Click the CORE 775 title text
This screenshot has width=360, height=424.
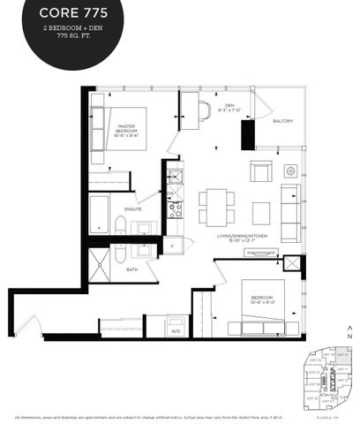pyautogui.click(x=62, y=13)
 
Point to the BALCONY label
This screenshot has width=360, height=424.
pyautogui.click(x=283, y=121)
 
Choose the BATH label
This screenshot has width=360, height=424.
pyautogui.click(x=131, y=269)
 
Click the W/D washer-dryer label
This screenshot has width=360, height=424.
pyautogui.click(x=176, y=330)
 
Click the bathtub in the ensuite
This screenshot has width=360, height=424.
pyautogui.click(x=99, y=213)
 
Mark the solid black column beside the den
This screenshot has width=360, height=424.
pyautogui.click(x=247, y=134)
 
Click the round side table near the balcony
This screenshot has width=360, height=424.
pyautogui.click(x=289, y=170)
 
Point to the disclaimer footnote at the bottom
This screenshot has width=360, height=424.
pyautogui.click(x=180, y=417)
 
